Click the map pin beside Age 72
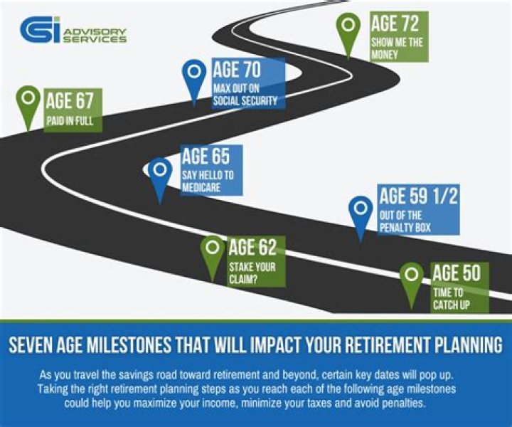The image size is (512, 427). coord(348,33)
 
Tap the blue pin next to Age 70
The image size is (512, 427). coord(194,78)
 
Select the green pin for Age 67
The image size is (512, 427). coord(28,105)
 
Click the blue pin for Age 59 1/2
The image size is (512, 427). coord(361,215)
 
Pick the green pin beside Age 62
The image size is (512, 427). coord(212,255)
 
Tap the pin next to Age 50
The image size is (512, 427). coord(412,282)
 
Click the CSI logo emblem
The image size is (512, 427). coord(40,30)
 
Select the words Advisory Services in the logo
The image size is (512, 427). coord(95,36)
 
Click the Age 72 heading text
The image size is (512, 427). coord(395,24)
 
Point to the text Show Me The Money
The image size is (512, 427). coord(397,48)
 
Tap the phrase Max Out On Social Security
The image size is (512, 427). coord(245,95)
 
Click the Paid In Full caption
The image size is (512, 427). coord(70,121)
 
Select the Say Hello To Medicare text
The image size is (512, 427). coord(208,181)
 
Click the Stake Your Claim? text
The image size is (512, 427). coord(252,273)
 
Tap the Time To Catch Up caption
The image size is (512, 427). coord(452,299)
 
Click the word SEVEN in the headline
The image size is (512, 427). coord(30,345)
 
